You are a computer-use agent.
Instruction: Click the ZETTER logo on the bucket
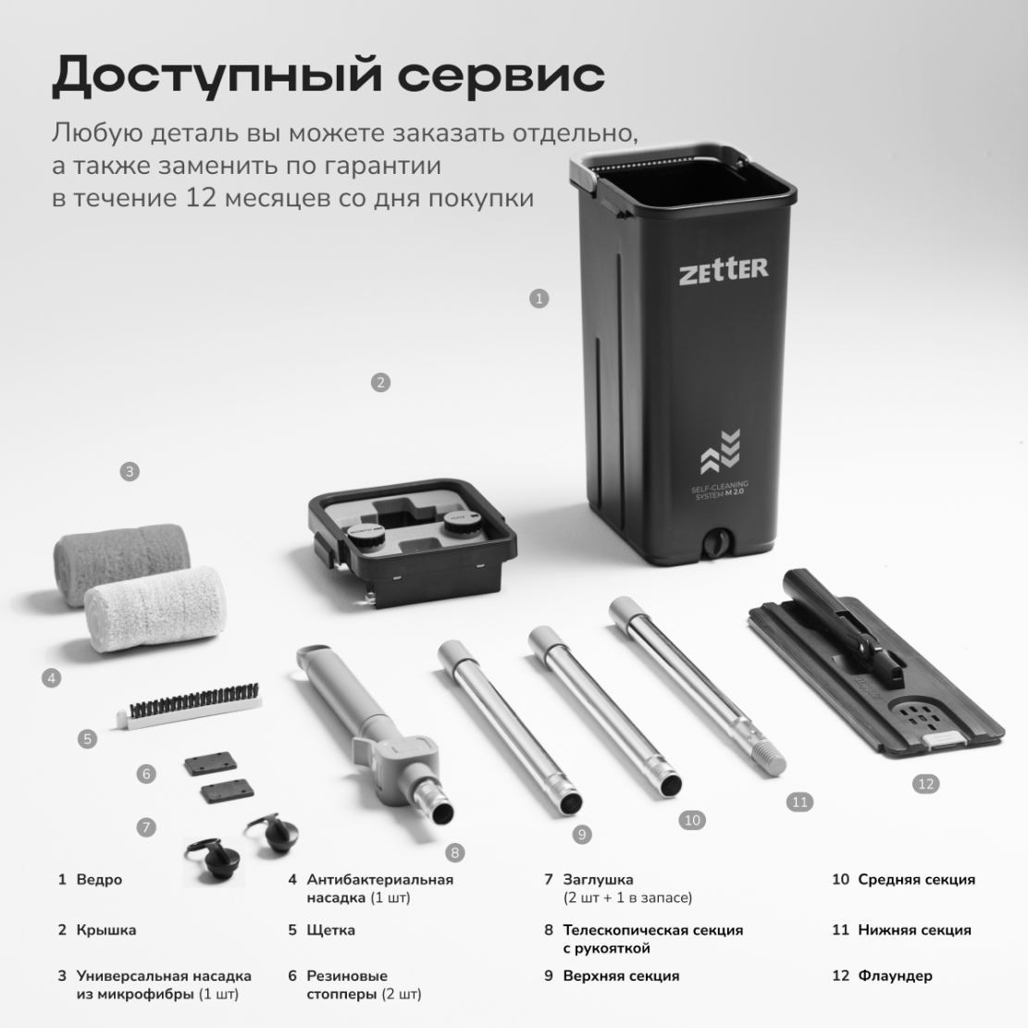click(x=724, y=270)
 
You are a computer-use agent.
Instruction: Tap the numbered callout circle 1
click(x=539, y=299)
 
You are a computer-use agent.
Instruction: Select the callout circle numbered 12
click(x=925, y=784)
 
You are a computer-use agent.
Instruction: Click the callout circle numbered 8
click(x=455, y=852)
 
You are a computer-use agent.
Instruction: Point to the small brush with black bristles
click(x=190, y=705)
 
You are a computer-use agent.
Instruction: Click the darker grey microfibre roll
click(x=121, y=563)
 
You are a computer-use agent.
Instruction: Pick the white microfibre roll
click(x=156, y=610)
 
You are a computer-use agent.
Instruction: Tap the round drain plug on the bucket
click(x=715, y=543)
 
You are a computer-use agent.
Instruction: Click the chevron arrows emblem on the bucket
click(x=721, y=452)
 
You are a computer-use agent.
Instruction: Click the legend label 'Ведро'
click(x=99, y=880)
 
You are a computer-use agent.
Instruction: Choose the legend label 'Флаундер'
click(x=895, y=976)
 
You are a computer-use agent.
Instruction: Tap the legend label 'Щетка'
click(x=330, y=930)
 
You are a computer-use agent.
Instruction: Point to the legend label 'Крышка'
click(x=106, y=930)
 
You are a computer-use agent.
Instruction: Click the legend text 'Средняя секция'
click(x=917, y=880)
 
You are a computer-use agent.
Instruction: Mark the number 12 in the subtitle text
click(x=200, y=198)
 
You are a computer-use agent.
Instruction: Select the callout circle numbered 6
click(x=146, y=774)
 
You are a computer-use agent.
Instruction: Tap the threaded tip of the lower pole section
click(x=770, y=761)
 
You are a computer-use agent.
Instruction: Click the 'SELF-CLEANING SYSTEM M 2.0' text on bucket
click(x=719, y=490)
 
